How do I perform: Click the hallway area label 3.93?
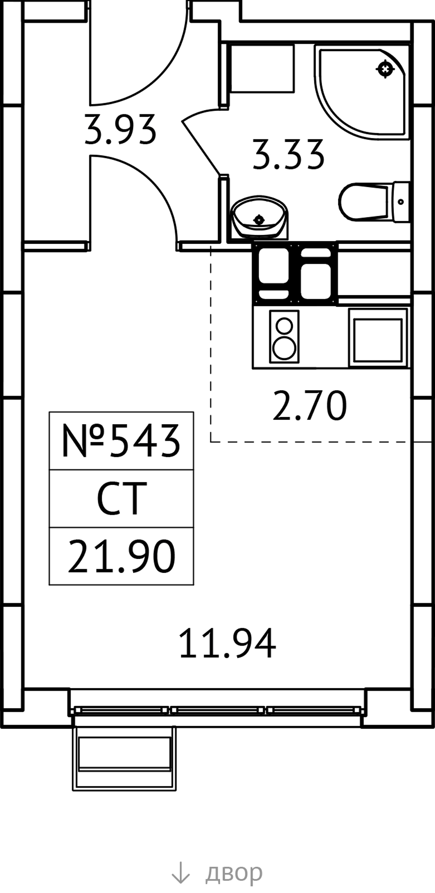pos(120,129)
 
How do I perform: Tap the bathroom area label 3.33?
pos(288,155)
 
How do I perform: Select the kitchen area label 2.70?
pos(309,405)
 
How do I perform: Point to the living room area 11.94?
pos(227,643)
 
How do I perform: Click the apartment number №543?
pos(121,441)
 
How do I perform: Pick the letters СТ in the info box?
pos(121,498)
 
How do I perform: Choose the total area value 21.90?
pos(121,556)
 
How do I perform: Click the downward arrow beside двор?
pos(180,872)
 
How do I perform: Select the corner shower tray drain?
pos(385,69)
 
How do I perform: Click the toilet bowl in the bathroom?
pos(374,201)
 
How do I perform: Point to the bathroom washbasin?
pos(259,217)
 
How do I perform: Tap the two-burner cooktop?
pos(284,337)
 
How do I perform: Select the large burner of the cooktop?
pos(284,347)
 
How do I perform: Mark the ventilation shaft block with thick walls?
pos(295,274)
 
